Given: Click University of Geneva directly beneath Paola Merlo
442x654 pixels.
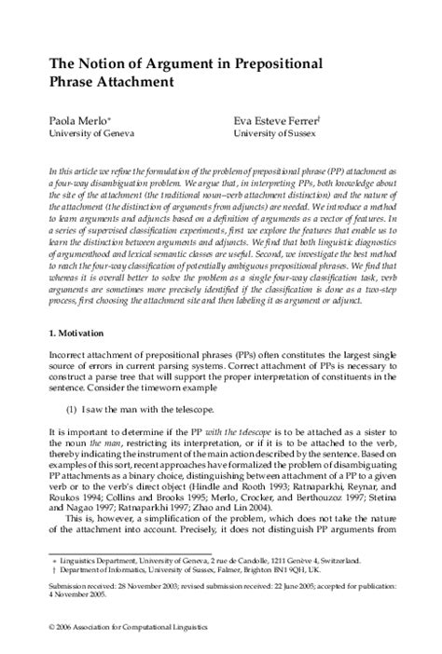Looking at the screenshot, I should click(78, 133).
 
